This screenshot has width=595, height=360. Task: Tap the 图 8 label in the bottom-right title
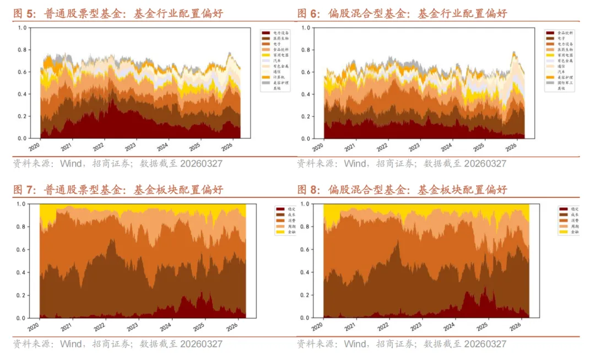(309, 190)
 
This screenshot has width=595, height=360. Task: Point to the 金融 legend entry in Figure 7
(285, 233)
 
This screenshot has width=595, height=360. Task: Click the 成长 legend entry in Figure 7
(285, 215)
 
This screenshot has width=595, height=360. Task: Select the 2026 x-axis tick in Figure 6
(510, 147)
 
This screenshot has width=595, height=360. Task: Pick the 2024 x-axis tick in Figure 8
(447, 327)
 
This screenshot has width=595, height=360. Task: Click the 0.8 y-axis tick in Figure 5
(22, 50)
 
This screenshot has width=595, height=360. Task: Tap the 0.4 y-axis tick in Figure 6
(306, 94)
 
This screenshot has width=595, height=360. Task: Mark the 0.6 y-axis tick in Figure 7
(22, 250)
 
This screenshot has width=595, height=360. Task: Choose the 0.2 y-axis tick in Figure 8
(306, 295)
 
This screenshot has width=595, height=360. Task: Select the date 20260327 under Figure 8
(485, 344)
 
